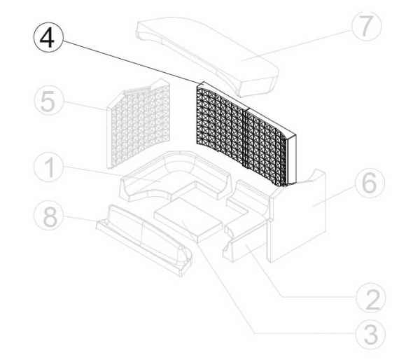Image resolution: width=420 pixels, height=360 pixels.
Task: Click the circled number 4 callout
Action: click(48, 37)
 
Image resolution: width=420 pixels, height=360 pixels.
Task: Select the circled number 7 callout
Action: click(366, 27)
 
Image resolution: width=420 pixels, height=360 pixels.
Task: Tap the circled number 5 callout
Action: click(49, 101)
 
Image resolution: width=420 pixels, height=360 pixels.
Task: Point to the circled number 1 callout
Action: click(49, 167)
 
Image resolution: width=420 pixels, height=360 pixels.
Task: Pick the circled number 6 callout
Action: click(370, 183)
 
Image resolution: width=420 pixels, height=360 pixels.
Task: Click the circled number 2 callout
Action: click(371, 297)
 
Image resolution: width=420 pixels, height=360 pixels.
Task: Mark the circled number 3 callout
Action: click(371, 334)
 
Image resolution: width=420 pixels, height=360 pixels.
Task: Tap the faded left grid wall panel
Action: click(138, 123)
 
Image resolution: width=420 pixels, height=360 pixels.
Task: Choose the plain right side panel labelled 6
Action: click(297, 216)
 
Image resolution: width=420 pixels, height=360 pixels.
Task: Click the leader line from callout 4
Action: click(130, 61)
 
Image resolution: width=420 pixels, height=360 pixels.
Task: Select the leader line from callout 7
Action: click(296, 46)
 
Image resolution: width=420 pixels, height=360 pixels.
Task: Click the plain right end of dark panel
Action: click(291, 158)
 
